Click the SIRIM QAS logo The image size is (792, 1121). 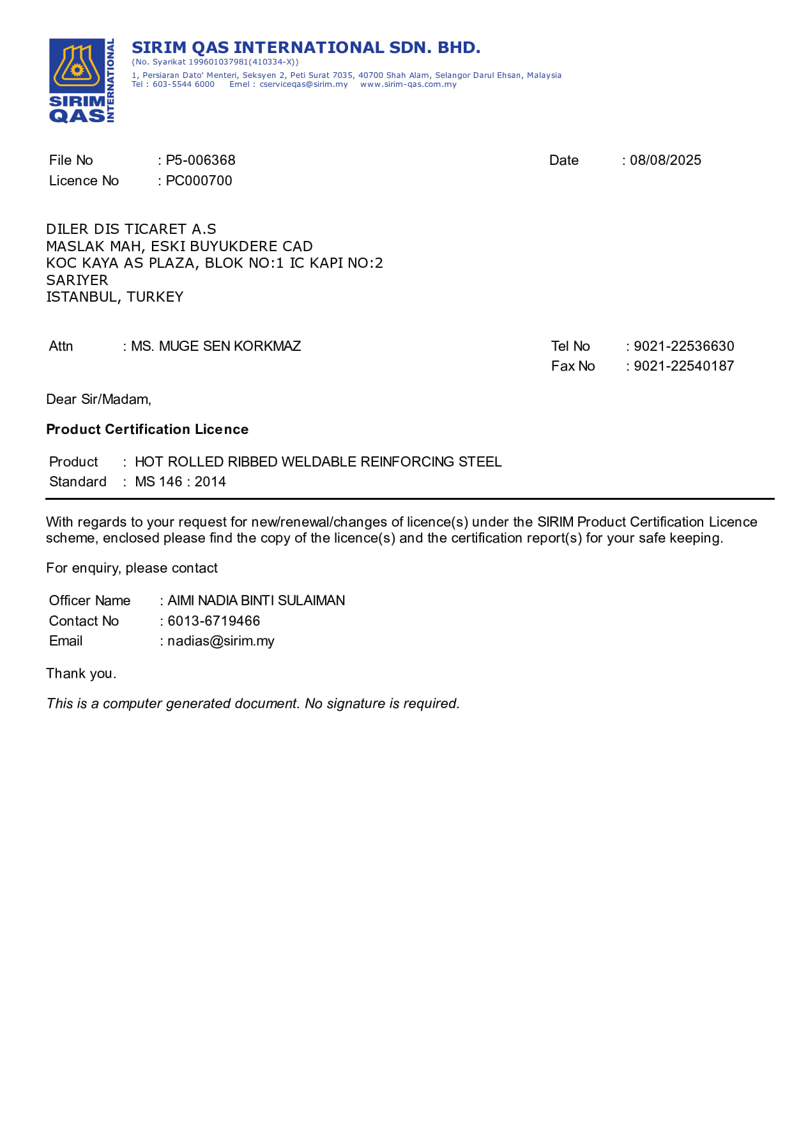click(x=81, y=81)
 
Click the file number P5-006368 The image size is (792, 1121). click(x=201, y=160)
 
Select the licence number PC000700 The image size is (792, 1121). click(x=199, y=181)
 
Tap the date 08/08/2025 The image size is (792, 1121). click(x=665, y=160)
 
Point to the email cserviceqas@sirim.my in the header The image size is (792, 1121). click(x=303, y=84)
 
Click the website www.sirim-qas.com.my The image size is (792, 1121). click(x=408, y=84)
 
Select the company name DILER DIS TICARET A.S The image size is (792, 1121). click(x=131, y=229)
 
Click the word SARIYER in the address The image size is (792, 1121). click(x=77, y=281)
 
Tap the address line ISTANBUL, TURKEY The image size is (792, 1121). click(x=115, y=297)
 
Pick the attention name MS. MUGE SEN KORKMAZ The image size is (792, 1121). click(x=216, y=346)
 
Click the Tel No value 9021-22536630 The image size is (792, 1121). click(x=683, y=346)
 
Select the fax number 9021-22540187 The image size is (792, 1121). click(x=683, y=366)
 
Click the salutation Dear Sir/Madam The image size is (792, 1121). click(x=98, y=399)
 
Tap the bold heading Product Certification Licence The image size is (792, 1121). click(x=147, y=429)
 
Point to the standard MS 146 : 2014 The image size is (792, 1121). click(x=180, y=482)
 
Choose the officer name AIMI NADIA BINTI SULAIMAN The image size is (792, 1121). click(x=256, y=601)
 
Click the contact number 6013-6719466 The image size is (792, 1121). click(x=213, y=621)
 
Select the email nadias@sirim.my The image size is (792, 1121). click(x=220, y=641)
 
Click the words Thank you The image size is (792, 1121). click(x=81, y=674)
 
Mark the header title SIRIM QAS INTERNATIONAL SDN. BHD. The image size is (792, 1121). click(x=306, y=48)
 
